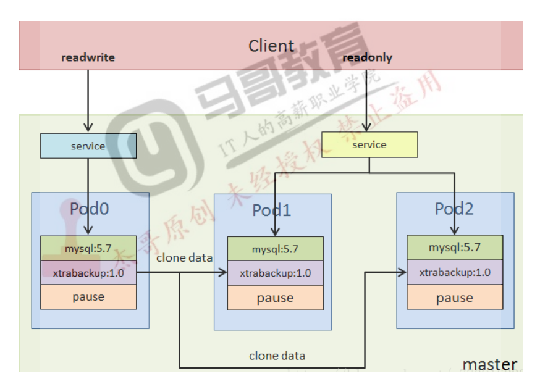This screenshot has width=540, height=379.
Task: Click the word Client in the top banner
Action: pos(271,46)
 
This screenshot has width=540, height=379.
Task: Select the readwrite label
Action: pos(88,58)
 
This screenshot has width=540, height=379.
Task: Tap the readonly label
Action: pos(367,58)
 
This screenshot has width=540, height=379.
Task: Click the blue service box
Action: pos(88,146)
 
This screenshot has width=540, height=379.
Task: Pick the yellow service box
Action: pos(369,145)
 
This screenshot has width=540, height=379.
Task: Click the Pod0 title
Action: pos(89,209)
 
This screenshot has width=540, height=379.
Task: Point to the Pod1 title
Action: pos(272,210)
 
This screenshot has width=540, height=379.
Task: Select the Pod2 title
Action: pos(454,209)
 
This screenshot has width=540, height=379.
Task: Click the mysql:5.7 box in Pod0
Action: pos(88,248)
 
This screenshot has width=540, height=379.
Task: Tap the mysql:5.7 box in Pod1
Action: pos(275,249)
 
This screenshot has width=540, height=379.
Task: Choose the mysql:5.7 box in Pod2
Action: pos(455,248)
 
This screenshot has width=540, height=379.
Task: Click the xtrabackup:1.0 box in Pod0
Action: pos(88,272)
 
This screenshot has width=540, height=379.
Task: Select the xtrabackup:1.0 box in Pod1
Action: pos(275,273)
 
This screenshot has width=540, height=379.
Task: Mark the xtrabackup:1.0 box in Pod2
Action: pos(455,272)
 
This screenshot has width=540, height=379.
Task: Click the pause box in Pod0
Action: pos(88,297)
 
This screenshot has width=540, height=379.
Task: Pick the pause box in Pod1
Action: pos(275,298)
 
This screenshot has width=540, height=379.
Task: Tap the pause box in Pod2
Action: pos(455,298)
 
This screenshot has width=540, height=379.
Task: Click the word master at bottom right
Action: pos(489,364)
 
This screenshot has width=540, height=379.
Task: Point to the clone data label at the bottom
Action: pos(277,356)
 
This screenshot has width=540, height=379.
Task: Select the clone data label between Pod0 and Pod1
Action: pos(184,257)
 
